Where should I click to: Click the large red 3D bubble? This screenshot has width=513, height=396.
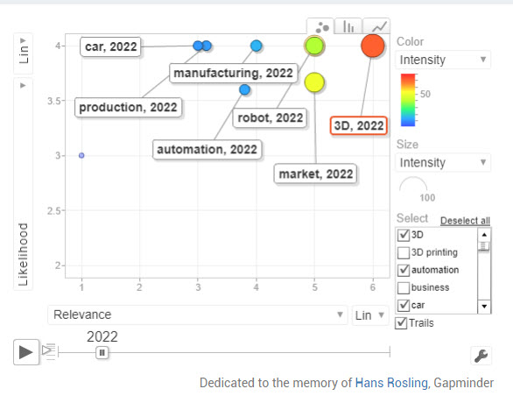coord(373,46)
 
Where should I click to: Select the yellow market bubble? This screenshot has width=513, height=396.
coord(314,82)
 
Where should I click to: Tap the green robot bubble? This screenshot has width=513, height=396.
coord(314,46)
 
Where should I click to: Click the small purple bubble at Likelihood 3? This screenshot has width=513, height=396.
coord(81,155)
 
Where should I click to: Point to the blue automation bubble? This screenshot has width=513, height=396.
coord(245,89)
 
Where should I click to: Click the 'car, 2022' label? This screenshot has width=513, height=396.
coord(110,46)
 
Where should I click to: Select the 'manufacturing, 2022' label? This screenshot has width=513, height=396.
coord(233,73)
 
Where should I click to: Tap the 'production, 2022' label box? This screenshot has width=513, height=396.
coord(128,107)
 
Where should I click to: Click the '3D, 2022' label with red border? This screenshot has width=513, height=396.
coord(359,125)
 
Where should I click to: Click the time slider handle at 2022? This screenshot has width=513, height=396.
coord(102,352)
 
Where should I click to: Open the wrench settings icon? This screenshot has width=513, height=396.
coord(481,356)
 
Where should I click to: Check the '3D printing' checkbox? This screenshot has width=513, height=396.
coord(403,252)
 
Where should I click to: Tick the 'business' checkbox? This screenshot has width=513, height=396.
coord(403,287)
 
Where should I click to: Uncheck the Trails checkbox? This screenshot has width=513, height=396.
coord(401,323)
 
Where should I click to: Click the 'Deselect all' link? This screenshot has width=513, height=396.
coord(465,221)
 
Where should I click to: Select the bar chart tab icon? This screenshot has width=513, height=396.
coord(348,26)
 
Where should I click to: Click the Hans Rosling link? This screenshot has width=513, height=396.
coord(391,383)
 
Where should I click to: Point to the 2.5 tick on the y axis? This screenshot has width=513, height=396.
coord(54,210)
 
